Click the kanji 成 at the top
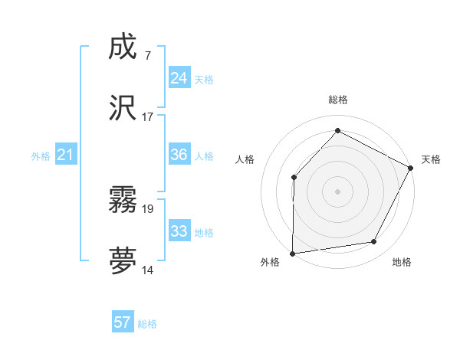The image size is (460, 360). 123,47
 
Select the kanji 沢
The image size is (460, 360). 123,109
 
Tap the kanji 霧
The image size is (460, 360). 123,201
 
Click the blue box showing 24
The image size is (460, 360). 179,78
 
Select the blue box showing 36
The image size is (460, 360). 179,155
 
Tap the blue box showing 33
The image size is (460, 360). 179,231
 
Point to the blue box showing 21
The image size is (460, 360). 65,155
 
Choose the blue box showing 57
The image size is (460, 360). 122,322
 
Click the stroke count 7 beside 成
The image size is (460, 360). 147,55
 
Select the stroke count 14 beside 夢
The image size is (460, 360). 148,270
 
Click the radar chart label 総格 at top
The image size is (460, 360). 337,100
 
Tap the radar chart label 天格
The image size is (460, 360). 431,159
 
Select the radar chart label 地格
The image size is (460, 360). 402,262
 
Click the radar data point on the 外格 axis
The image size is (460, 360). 293,253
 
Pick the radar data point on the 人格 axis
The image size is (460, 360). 294,177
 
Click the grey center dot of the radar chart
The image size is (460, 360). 337,191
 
